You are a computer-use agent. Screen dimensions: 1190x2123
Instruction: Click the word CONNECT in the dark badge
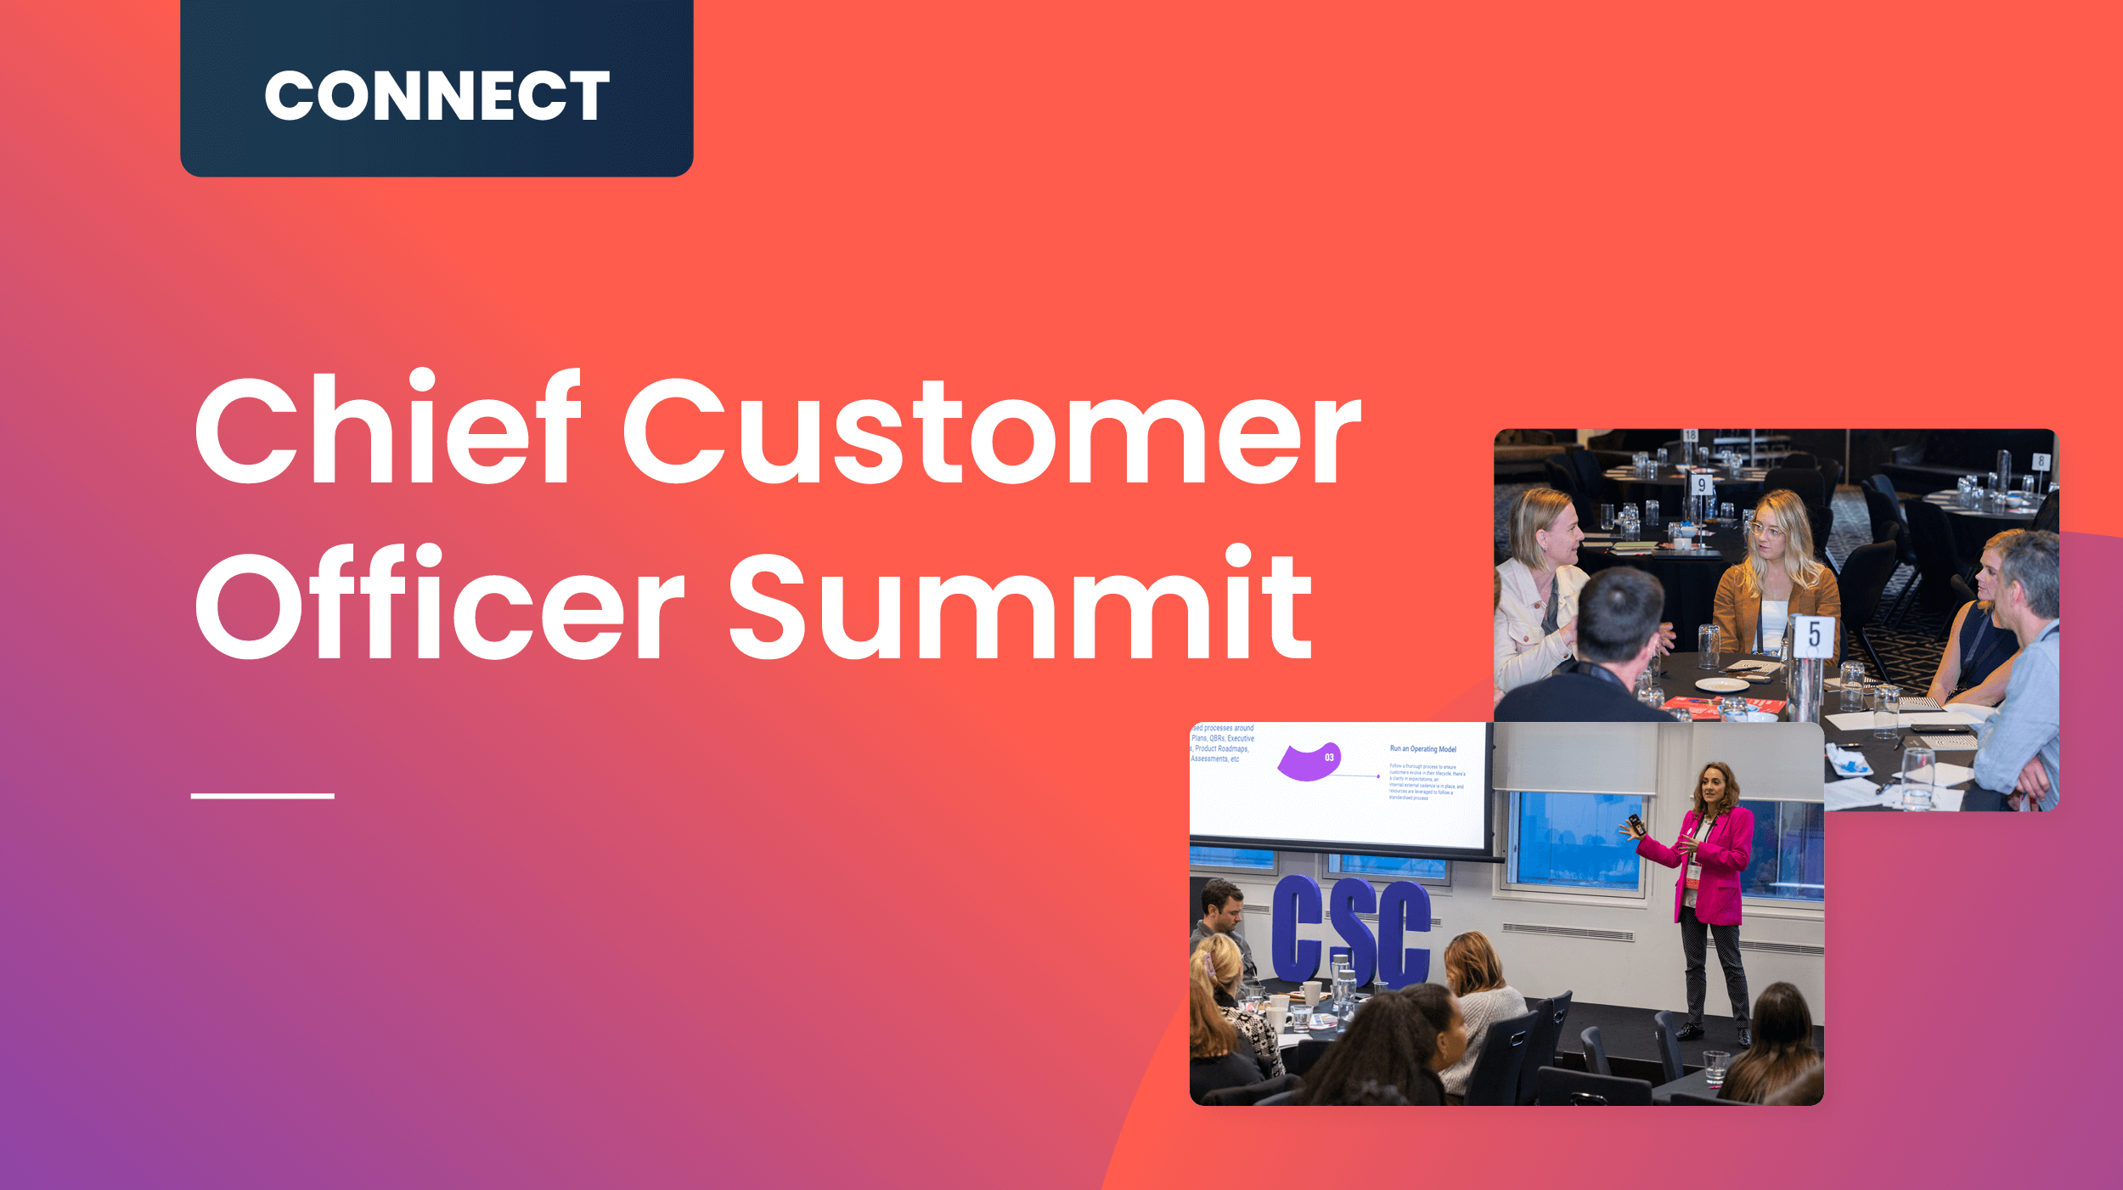436,95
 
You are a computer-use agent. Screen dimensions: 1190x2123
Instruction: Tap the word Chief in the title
387,429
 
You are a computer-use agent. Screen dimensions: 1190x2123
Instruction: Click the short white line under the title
262,796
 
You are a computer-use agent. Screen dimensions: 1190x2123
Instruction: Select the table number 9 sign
1701,485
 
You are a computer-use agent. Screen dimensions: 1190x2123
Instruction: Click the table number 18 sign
1690,436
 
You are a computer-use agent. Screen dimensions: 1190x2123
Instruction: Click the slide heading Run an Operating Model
1422,749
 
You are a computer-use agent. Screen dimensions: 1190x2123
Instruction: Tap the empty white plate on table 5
1721,685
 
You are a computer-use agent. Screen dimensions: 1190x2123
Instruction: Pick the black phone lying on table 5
1940,729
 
